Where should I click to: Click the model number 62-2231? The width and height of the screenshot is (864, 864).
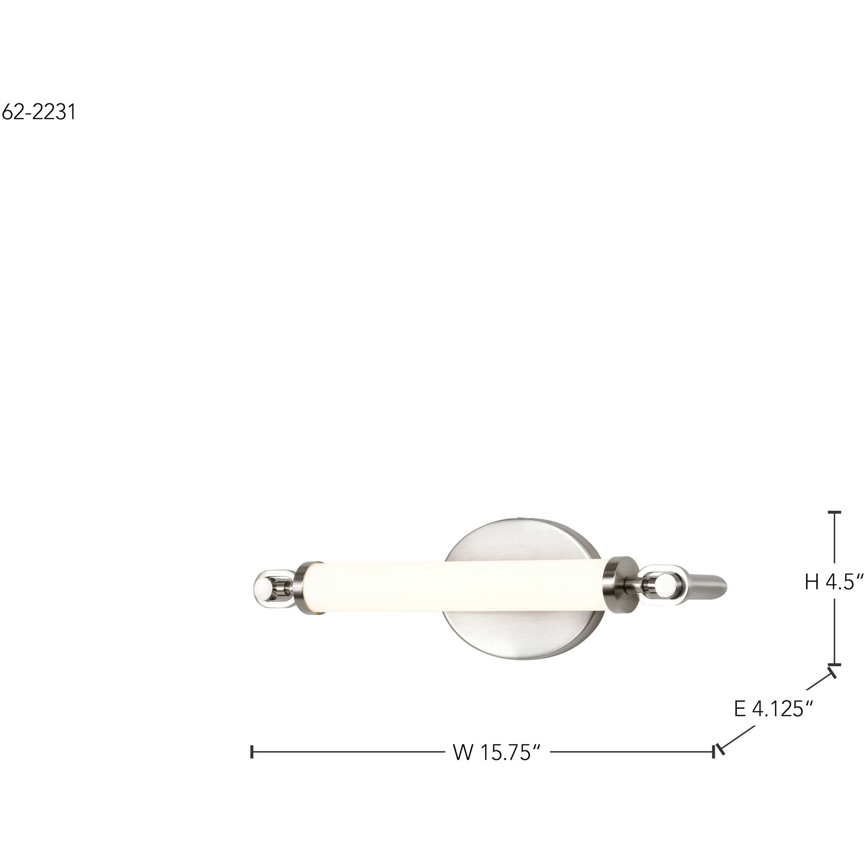point(39,112)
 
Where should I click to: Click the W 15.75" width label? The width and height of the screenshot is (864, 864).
point(497,752)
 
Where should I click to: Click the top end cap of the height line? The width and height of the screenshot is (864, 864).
point(834,512)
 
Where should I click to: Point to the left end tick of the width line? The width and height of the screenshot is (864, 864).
point(253,752)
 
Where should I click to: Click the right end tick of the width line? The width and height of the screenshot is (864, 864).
point(714,752)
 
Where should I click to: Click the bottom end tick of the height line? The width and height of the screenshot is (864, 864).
point(834,665)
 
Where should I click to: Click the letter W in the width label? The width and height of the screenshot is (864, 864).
point(463,752)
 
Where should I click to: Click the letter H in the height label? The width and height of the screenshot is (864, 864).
point(812,582)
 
